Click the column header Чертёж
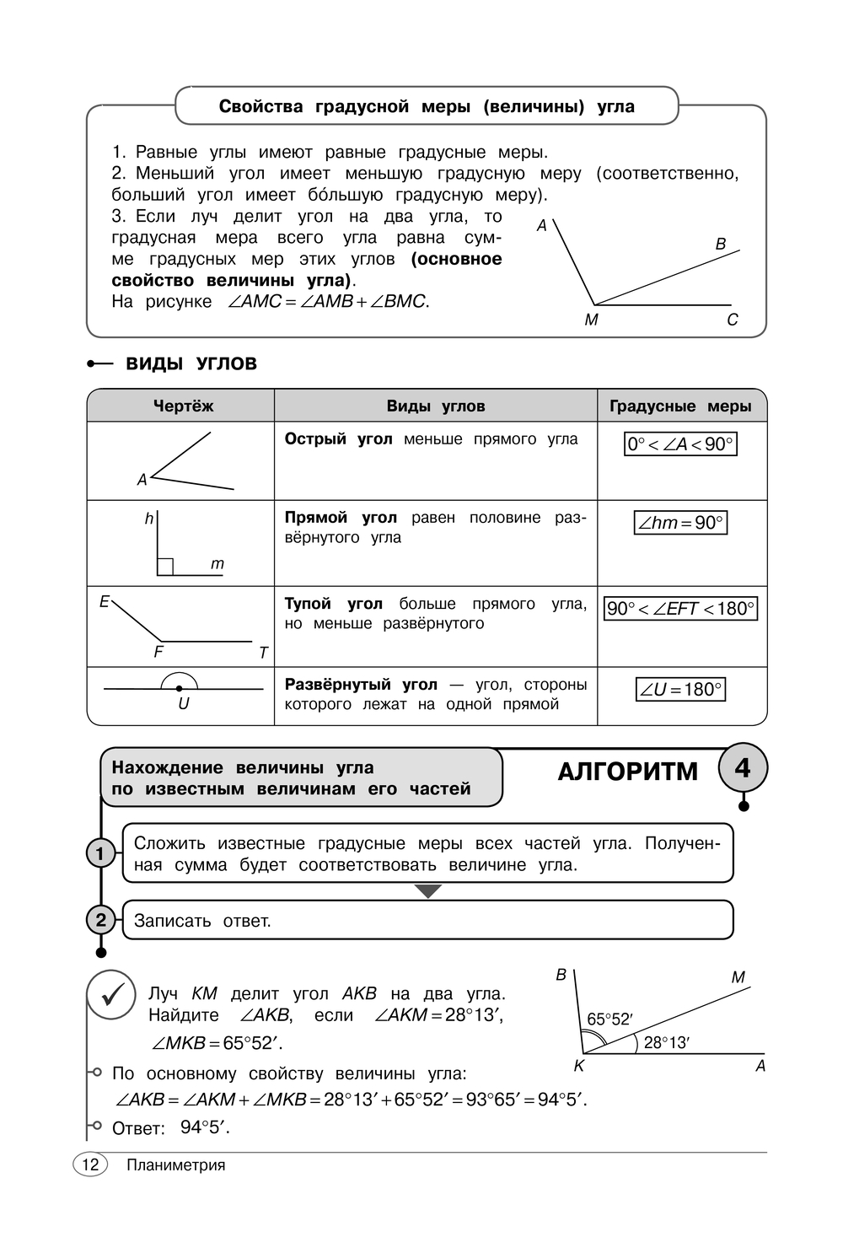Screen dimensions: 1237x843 (x=183, y=406)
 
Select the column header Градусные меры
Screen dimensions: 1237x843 (x=680, y=406)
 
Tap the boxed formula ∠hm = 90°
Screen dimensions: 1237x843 (x=680, y=523)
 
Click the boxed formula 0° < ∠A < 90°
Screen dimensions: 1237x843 (x=680, y=444)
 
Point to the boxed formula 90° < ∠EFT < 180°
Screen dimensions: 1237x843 (x=680, y=609)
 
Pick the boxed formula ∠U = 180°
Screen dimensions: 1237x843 (x=680, y=690)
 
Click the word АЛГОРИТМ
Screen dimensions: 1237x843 (x=628, y=772)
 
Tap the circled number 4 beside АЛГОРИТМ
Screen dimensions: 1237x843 (x=743, y=768)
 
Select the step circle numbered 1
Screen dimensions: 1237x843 (x=100, y=853)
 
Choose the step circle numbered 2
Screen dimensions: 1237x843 (x=100, y=920)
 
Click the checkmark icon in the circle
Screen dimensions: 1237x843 (x=112, y=996)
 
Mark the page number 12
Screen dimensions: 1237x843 (x=90, y=1164)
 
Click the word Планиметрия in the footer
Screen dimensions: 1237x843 (x=176, y=1165)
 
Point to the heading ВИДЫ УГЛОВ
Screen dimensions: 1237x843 (x=191, y=364)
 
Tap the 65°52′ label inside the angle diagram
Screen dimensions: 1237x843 (x=609, y=1019)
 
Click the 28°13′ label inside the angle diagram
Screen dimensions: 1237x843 (x=666, y=1043)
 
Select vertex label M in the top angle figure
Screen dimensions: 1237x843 (x=591, y=320)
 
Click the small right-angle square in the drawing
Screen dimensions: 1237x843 (x=165, y=567)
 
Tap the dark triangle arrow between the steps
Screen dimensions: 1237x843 (x=428, y=891)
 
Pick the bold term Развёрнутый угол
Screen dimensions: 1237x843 (x=361, y=685)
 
